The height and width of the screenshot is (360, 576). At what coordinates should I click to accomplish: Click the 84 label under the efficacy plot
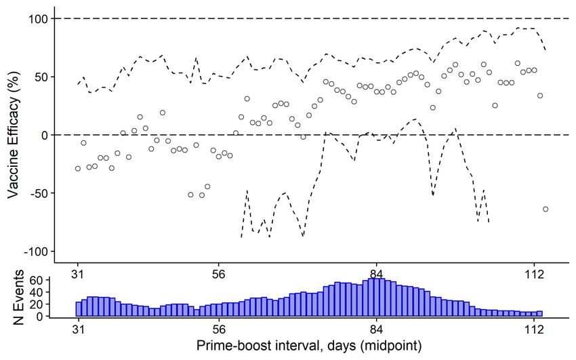point(377,274)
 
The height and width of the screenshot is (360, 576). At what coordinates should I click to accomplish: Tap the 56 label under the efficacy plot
point(219,274)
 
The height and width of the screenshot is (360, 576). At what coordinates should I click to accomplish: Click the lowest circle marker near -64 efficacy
point(546,209)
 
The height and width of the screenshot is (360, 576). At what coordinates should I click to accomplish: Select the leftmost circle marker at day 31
point(78,168)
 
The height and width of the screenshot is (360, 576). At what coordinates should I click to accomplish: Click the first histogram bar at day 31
point(79,309)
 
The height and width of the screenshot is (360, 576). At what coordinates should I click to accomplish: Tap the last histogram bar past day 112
point(540,313)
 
